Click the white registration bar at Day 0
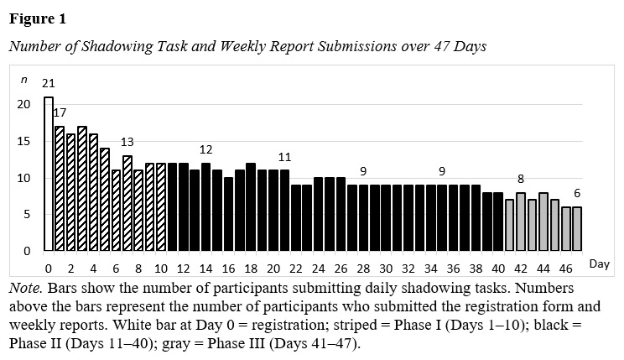coord(49,174)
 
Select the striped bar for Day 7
coord(127,203)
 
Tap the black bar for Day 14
coord(205,206)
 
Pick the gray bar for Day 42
coord(521,222)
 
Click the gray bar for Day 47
coord(577,229)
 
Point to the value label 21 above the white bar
coord(48,83)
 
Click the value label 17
coord(60,112)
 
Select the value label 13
coord(127,142)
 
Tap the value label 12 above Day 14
coord(205,149)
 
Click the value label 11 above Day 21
coord(284,157)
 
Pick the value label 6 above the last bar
coord(577,193)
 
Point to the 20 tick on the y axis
coord(23,104)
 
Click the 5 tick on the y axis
coord(27,215)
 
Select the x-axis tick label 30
coord(386,269)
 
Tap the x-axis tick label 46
coord(565,269)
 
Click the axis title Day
coord(600,264)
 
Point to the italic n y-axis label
coord(24,80)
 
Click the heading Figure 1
coord(38,18)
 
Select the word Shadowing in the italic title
coord(117,47)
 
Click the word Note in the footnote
coord(23,288)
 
